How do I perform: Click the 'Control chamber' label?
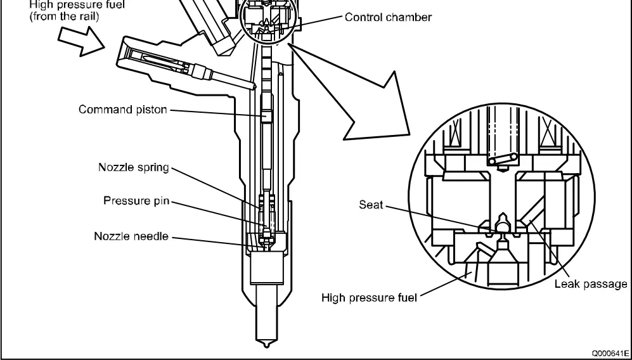pos(388,17)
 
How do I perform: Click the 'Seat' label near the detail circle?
pos(370,207)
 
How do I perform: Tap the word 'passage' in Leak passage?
pos(609,283)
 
